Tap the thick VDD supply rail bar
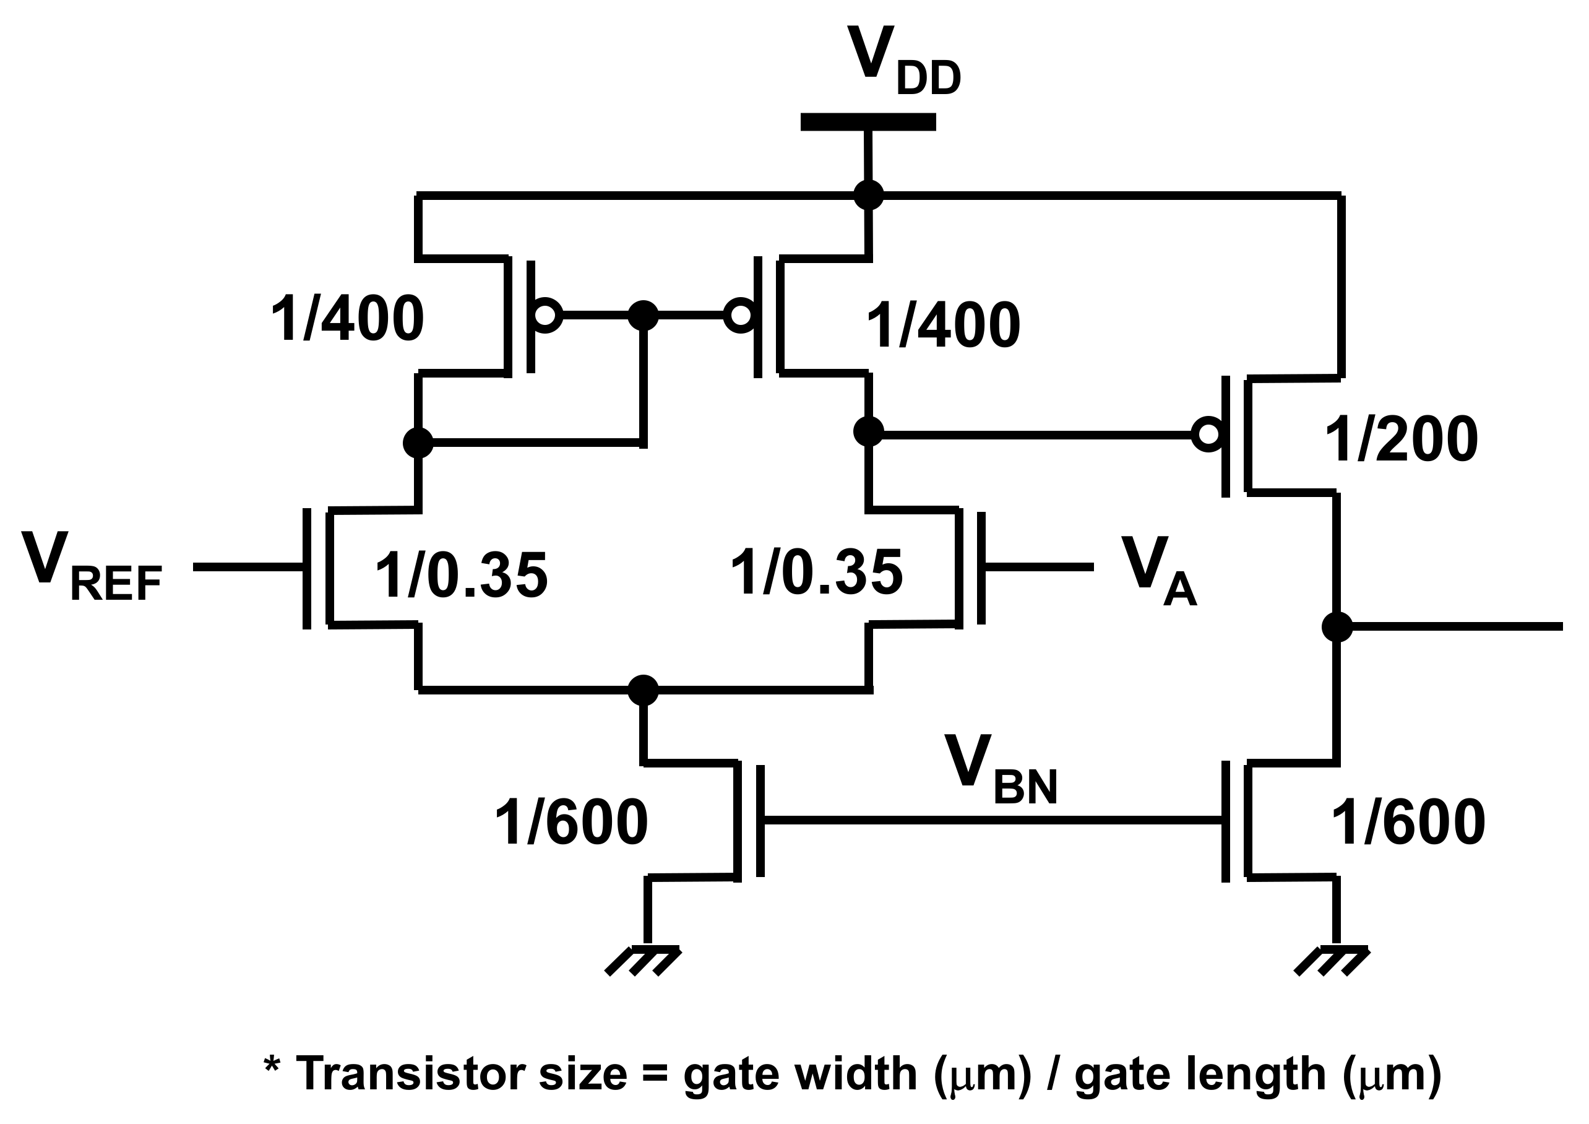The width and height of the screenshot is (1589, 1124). [x=868, y=123]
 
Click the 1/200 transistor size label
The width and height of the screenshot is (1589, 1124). [x=1401, y=441]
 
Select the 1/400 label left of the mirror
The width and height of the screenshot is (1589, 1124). [x=347, y=320]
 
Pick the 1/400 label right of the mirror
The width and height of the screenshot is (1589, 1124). [x=942, y=326]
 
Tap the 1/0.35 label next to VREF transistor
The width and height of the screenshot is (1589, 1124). [x=461, y=575]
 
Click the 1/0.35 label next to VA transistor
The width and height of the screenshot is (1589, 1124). [x=816, y=574]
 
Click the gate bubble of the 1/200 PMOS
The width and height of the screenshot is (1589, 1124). [x=1208, y=434]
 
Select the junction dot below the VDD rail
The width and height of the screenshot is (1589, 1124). [x=869, y=194]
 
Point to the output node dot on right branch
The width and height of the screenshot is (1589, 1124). [x=1337, y=627]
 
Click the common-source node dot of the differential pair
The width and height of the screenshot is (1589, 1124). [x=643, y=690]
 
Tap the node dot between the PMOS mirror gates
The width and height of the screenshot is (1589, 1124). [x=643, y=316]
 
